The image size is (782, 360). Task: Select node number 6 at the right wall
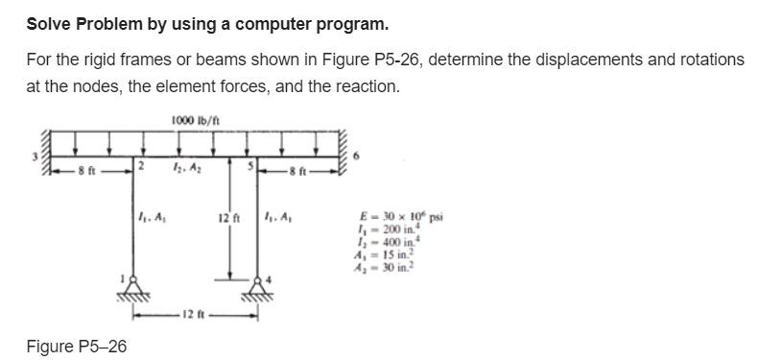coord(357,154)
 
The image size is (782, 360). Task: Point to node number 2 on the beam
coord(139,168)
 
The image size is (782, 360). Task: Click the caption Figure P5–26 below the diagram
coord(76,346)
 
